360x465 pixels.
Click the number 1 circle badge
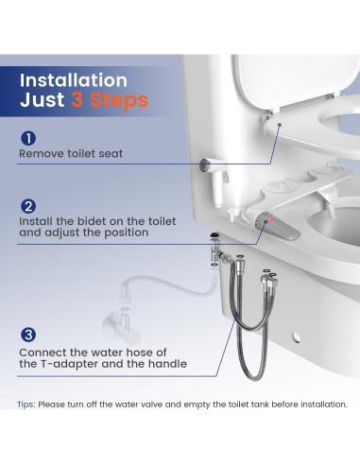pos(28,138)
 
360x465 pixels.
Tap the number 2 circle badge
pos(28,206)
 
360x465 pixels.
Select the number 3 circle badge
pos(28,334)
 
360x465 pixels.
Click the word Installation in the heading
pos(74,80)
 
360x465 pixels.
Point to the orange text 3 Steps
pos(109,99)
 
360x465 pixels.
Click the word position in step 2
pos(129,232)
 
